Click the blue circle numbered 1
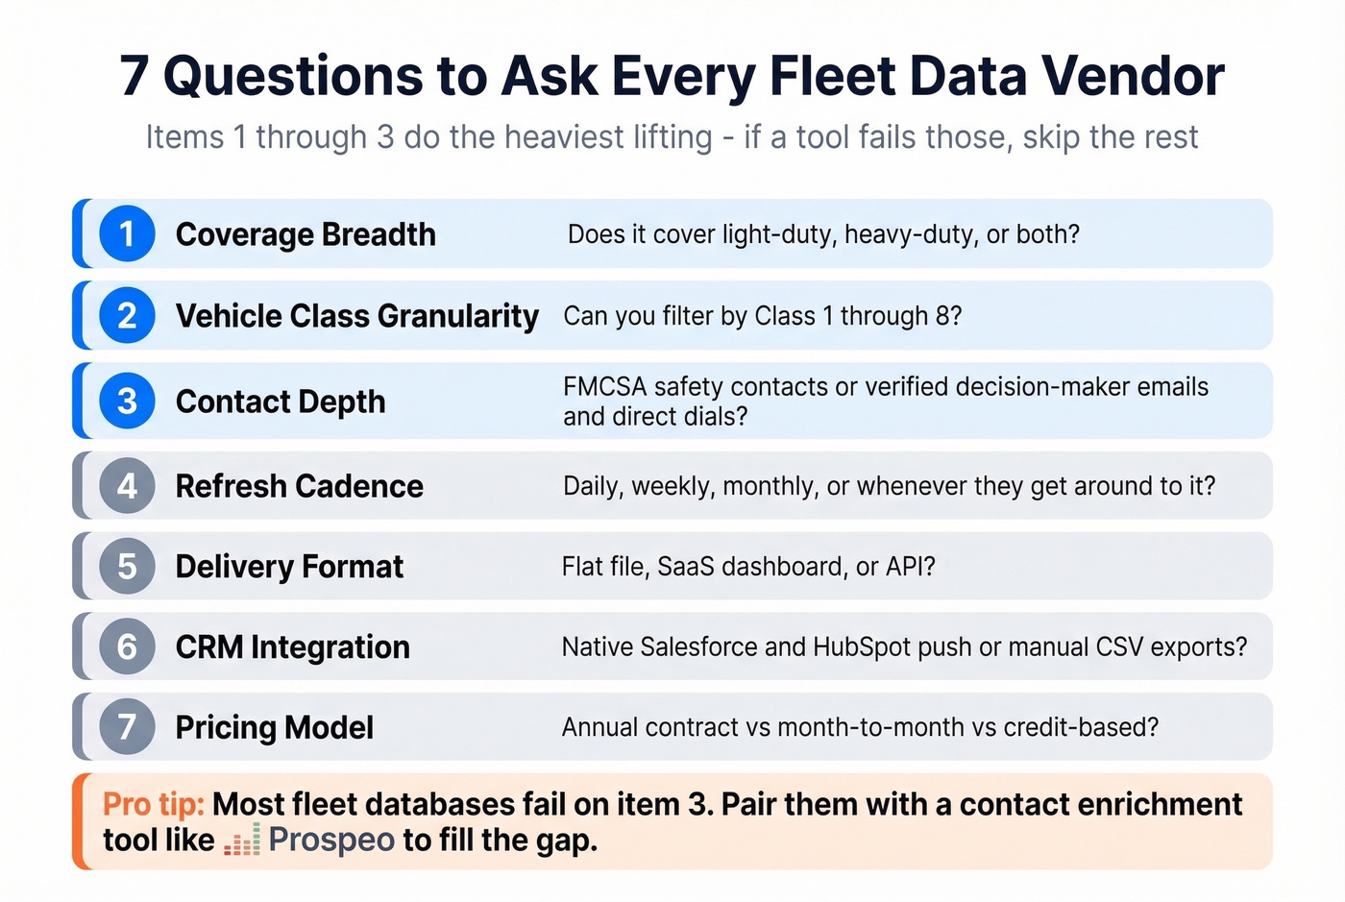pos(127,233)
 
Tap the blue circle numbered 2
pos(127,315)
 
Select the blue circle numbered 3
pos(127,401)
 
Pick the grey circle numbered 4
pos(127,486)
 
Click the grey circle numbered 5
pos(127,567)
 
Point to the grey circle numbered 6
pos(127,646)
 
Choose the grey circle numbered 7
pos(127,727)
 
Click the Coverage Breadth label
pos(306,234)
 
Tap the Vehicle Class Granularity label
pos(356,316)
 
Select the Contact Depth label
pos(281,402)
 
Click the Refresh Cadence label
pos(299,486)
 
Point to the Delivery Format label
pos(289,567)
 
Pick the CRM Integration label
pos(292,647)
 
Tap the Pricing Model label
pos(274,728)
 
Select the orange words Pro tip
pos(153,804)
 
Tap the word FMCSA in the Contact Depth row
pos(605,387)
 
